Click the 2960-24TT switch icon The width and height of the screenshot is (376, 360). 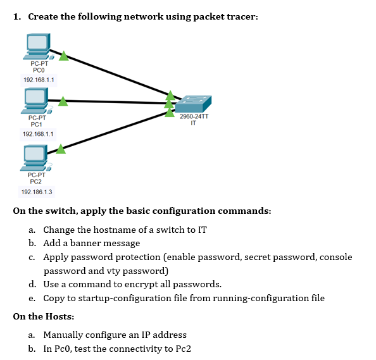point(193,104)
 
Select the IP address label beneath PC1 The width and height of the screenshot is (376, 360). point(39,134)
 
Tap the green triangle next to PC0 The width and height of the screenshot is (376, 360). point(63,56)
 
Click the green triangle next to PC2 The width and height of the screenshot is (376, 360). point(61,149)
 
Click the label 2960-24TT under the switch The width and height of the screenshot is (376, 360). point(193,116)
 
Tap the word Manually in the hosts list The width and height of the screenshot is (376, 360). point(64,335)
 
